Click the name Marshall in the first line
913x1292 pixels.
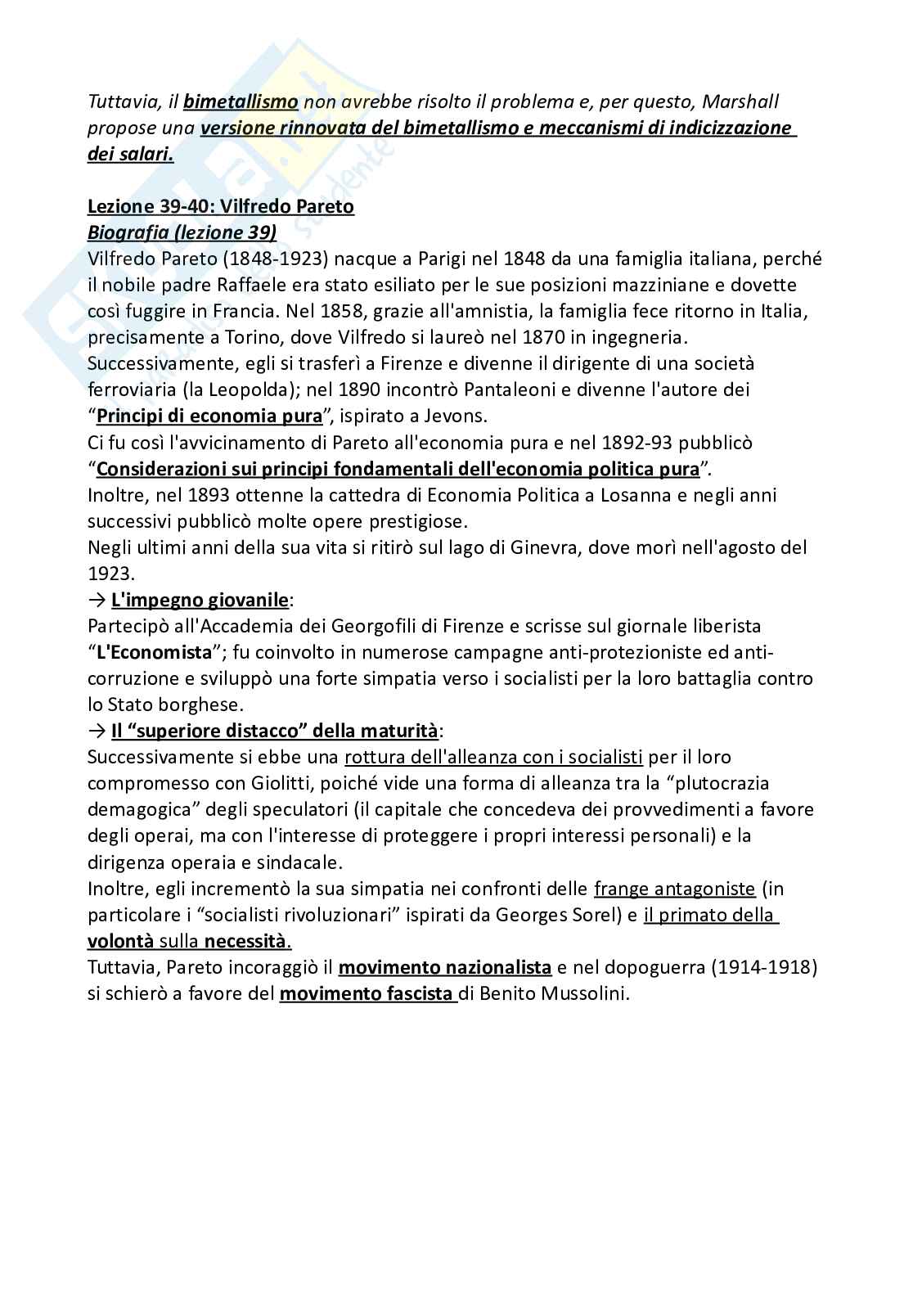point(740,101)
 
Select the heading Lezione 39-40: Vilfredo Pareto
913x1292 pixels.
point(221,206)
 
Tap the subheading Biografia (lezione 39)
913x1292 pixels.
point(182,232)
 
